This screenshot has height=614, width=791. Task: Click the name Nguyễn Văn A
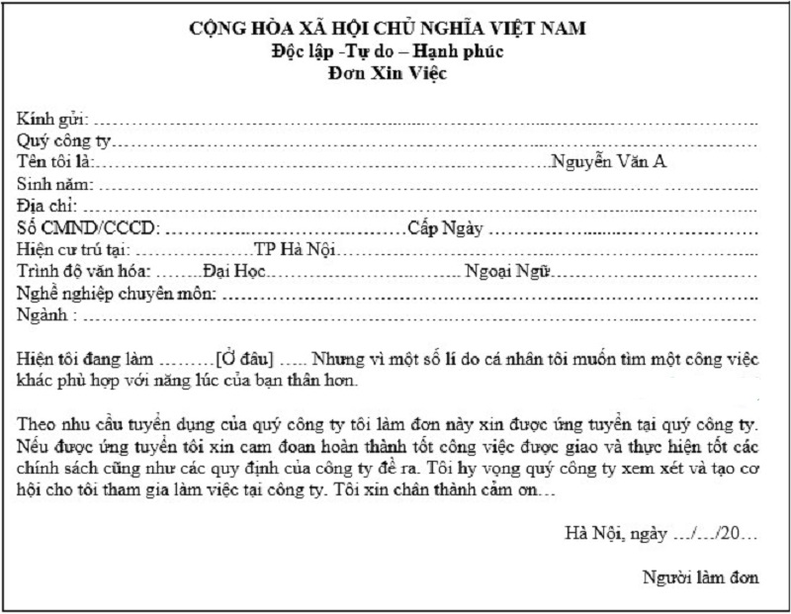(609, 162)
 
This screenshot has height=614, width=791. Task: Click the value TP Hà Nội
(294, 249)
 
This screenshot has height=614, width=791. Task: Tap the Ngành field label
(44, 315)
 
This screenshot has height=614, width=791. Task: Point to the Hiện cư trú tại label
(73, 249)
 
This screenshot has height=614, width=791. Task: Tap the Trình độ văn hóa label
(84, 271)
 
